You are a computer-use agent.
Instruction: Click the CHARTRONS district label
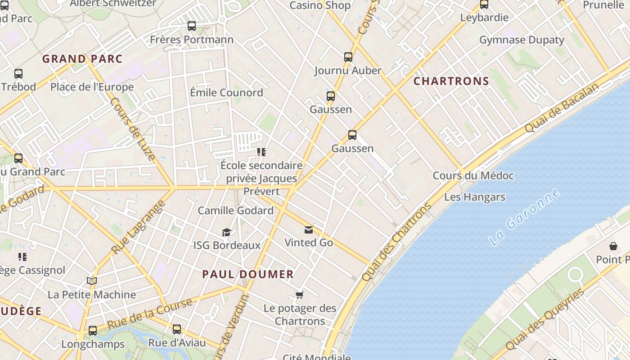[x=451, y=81]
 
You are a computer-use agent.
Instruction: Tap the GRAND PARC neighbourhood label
[x=82, y=59]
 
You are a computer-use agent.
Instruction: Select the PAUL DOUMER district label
[x=248, y=274]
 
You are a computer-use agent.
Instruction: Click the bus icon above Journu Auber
[x=348, y=57]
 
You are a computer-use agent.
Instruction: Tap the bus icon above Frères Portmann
[x=192, y=26]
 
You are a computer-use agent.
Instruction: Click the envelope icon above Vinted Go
[x=308, y=230]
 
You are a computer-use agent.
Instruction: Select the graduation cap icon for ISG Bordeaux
[x=226, y=232]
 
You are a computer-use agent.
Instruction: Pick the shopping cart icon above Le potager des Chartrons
[x=300, y=295]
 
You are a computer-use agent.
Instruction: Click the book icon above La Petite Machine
[x=92, y=281]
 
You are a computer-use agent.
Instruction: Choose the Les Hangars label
[x=474, y=197]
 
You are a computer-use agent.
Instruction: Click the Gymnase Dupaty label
[x=521, y=40]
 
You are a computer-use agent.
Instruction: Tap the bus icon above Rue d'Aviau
[x=177, y=329]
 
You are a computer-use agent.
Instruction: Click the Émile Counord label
[x=226, y=93]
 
